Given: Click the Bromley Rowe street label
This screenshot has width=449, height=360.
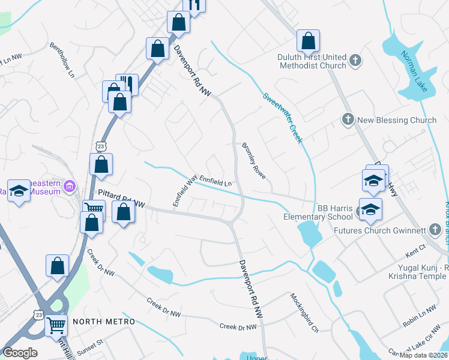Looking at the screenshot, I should pos(254,160).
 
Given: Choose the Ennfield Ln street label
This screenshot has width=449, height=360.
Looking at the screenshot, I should pos(215,180).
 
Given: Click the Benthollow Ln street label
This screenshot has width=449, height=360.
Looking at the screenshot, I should pos(62,61).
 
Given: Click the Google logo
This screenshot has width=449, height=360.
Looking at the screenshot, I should pos(20,353).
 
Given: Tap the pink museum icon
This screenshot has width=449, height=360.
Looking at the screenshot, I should pos(71,186).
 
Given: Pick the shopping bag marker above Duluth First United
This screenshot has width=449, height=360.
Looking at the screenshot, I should pos(308,41).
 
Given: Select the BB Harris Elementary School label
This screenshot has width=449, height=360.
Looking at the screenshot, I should pos(318,212).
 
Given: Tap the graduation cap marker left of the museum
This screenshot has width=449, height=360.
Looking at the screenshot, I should pos(19,191).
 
